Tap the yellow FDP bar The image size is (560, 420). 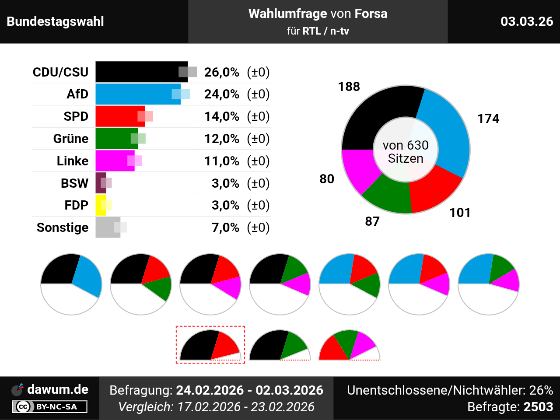[x=101, y=205]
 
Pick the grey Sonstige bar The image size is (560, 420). [x=107, y=227]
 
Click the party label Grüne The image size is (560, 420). [x=71, y=139]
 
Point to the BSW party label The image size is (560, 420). [x=74, y=183]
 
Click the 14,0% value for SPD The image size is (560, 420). [x=222, y=116]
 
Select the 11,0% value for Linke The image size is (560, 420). [x=222, y=161]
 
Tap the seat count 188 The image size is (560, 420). [x=349, y=87]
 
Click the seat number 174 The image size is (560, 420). [x=488, y=119]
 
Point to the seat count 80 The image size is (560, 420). [x=327, y=179]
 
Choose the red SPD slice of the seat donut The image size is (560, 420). [x=433, y=188]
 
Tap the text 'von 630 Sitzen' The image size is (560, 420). [x=406, y=152]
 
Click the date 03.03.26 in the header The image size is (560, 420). [x=527, y=21]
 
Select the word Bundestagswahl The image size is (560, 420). [x=56, y=21]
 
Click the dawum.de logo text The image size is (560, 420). [x=57, y=389]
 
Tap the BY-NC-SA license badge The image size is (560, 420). [x=49, y=407]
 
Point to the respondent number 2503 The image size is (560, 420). [x=538, y=407]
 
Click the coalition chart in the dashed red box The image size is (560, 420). [x=210, y=345]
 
